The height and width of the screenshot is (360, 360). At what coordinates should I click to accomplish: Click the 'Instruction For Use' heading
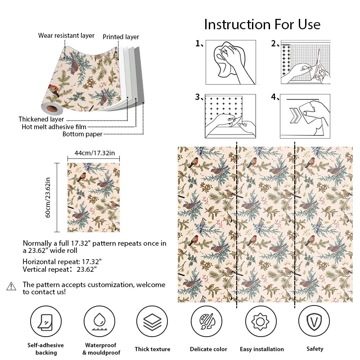(262, 24)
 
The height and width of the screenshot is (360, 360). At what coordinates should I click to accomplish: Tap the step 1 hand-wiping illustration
(230, 62)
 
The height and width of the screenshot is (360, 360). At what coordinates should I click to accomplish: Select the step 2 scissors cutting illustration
(305, 62)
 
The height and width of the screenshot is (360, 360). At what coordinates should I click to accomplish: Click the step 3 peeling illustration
(230, 116)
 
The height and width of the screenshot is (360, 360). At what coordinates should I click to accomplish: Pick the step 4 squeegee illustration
(305, 116)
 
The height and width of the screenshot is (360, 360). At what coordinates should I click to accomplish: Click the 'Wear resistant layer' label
(66, 36)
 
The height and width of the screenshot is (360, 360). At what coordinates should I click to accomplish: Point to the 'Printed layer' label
(121, 37)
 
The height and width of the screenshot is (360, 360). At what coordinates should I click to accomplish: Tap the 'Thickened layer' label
(41, 119)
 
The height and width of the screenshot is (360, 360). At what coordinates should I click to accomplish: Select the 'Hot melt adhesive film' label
(54, 127)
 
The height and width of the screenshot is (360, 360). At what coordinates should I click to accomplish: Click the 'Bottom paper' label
(82, 134)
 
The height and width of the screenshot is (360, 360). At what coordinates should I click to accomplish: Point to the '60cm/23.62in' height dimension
(48, 198)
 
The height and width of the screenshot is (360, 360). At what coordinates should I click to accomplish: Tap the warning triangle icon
(11, 286)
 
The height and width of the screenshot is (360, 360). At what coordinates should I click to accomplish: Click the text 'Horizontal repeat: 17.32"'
(62, 261)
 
